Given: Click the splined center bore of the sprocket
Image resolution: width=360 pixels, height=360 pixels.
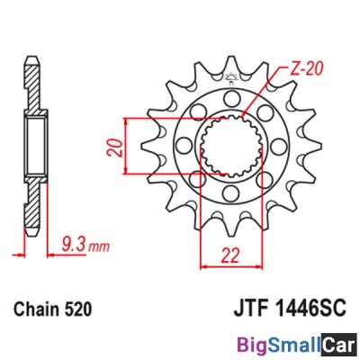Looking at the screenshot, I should [230, 144].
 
